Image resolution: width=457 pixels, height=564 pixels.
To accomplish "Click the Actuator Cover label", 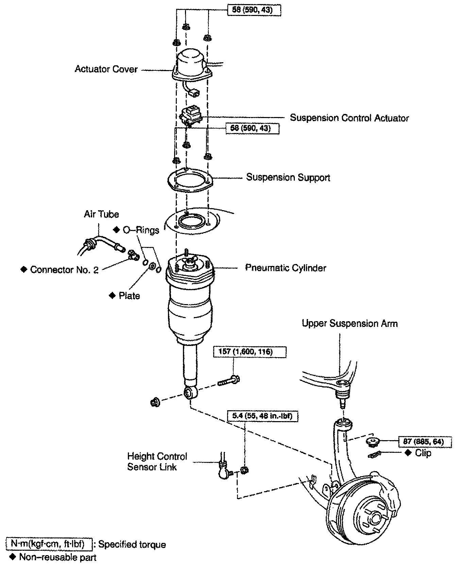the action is [106, 69].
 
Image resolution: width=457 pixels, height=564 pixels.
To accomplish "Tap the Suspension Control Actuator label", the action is [349, 118].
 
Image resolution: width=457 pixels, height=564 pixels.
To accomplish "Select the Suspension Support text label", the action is [288, 178].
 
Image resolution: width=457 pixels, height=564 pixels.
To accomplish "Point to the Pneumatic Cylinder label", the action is [286, 268].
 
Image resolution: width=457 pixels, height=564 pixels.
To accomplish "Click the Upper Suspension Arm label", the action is [350, 323].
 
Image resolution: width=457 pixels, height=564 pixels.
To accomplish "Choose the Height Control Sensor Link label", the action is [157, 461].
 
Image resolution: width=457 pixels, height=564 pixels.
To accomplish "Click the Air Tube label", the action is [101, 214].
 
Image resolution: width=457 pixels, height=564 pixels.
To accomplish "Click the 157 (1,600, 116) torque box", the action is [250, 352].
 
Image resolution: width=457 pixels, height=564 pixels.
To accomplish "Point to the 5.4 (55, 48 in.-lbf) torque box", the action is [263, 416].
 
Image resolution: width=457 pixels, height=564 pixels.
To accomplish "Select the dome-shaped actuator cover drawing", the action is [192, 66].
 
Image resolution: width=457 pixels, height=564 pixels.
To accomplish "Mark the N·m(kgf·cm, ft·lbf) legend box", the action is [50, 544].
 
